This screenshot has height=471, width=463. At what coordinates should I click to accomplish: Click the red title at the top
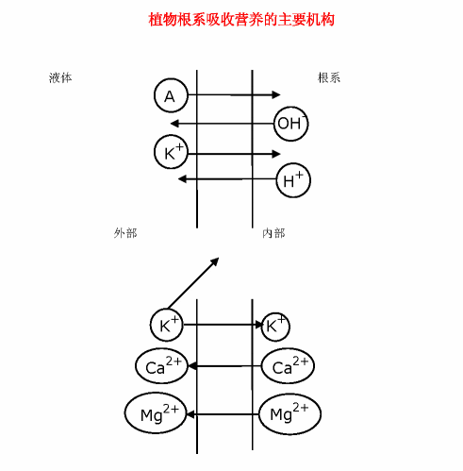coord(241,20)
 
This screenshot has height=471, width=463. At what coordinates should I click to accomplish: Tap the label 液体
coord(60,77)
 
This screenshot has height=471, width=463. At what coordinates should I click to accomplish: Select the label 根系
coord(329,77)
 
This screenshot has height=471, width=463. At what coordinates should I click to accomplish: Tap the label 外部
coord(125,233)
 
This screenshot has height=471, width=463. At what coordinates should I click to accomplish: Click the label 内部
coord(273,233)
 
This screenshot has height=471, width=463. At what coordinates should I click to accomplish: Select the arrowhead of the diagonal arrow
coord(215,261)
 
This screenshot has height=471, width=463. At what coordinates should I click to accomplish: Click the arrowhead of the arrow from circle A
coord(276,94)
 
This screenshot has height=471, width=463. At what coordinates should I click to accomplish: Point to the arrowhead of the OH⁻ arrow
coord(174,124)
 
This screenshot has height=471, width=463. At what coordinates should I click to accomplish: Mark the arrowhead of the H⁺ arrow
coord(182,179)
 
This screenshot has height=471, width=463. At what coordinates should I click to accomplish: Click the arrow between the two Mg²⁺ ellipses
coord(223,414)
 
